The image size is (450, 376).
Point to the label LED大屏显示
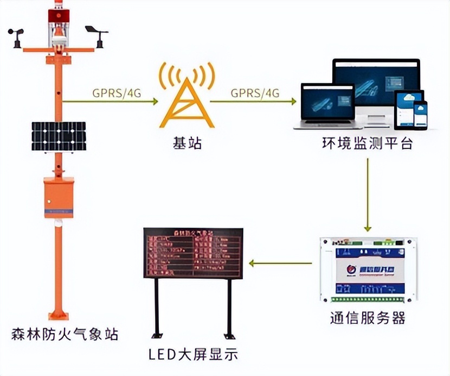[193, 355]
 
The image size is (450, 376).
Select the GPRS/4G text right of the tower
[255, 93]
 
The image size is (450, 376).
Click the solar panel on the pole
[59, 136]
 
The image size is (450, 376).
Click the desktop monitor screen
[376, 82]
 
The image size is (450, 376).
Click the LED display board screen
[192, 253]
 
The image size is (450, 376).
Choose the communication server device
[368, 269]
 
